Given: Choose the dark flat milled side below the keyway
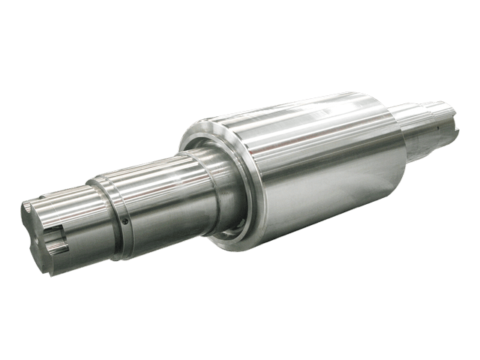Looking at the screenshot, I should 75,251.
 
